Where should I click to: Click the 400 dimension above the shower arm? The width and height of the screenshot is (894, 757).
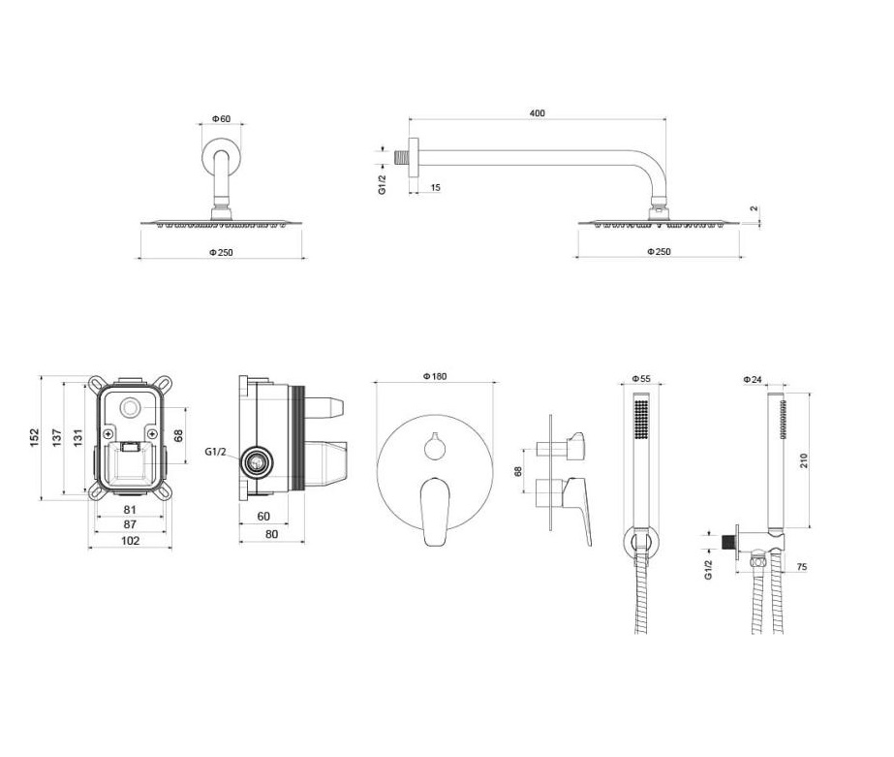pyautogui.click(x=538, y=113)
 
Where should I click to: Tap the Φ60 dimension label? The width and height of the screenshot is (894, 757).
pyautogui.click(x=221, y=118)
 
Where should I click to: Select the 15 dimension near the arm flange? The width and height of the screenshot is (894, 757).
pyautogui.click(x=436, y=187)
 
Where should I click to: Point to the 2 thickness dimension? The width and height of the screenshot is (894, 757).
pyautogui.click(x=755, y=208)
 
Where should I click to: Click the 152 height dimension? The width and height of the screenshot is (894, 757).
pyautogui.click(x=35, y=437)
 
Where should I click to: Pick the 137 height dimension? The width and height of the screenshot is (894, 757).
pyautogui.click(x=57, y=437)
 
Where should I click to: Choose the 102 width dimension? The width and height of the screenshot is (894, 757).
pyautogui.click(x=131, y=540)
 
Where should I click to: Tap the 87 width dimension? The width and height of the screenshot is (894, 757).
pyautogui.click(x=130, y=524)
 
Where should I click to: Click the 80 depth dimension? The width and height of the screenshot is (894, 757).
pyautogui.click(x=272, y=534)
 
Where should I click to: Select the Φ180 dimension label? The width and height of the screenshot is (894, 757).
pyautogui.click(x=435, y=376)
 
